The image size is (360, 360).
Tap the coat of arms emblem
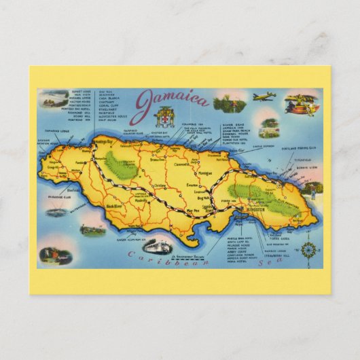(x=164, y=116)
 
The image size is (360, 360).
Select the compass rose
(x=308, y=250)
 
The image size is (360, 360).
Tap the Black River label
(x=115, y=203)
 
